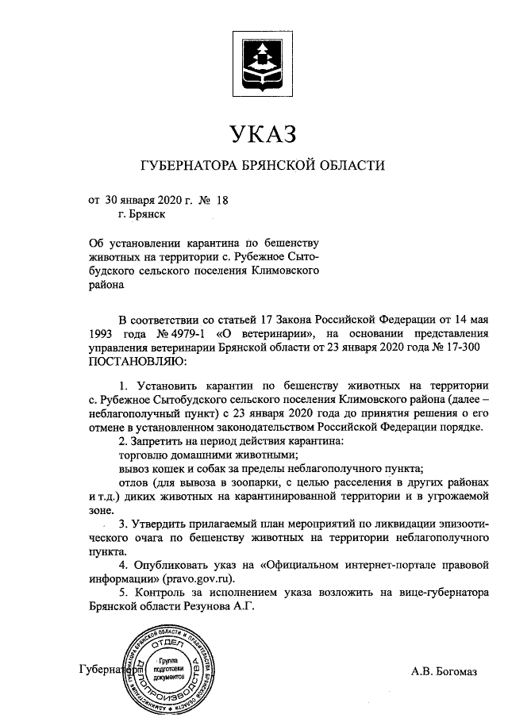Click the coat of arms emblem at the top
[262, 60]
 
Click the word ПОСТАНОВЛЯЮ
[137, 363]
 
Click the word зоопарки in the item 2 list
[270, 482]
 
